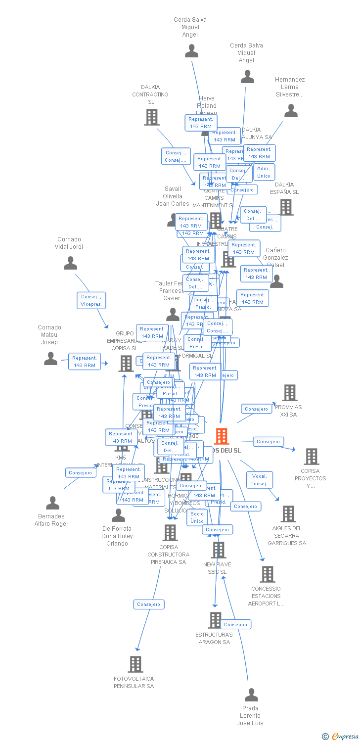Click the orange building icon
(221, 436)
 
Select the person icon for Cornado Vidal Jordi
(70, 263)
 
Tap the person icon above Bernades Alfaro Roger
(52, 503)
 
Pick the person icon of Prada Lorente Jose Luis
(251, 695)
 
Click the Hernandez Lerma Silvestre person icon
(291, 111)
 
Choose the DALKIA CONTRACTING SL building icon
(151, 117)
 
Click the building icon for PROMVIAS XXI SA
(289, 393)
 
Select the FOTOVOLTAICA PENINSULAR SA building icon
(135, 664)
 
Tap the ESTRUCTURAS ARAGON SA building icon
(215, 620)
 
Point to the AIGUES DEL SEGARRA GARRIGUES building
(288, 514)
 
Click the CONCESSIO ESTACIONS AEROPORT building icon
(267, 574)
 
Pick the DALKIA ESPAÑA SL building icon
(286, 207)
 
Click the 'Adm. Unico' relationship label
(264, 172)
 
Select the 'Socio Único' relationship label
(197, 517)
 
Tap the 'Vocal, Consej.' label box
(259, 480)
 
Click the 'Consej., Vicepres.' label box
(91, 300)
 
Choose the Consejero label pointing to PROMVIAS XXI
(256, 409)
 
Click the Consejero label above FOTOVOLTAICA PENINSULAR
(148, 604)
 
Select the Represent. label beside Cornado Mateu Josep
(85, 362)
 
